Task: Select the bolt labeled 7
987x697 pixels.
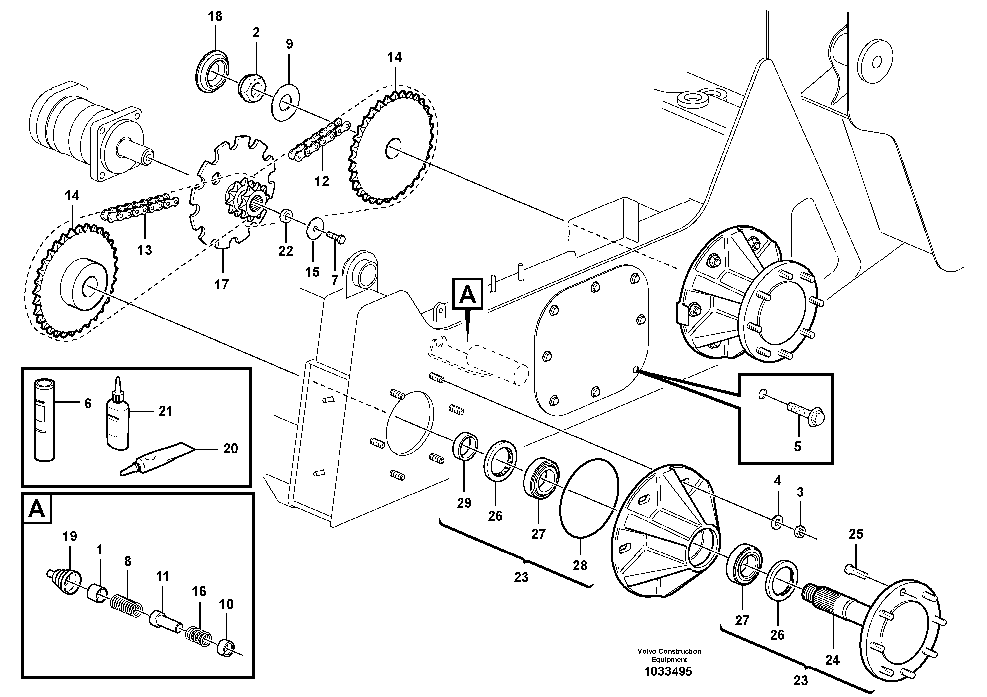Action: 337,238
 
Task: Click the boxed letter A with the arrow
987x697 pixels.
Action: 468,294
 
